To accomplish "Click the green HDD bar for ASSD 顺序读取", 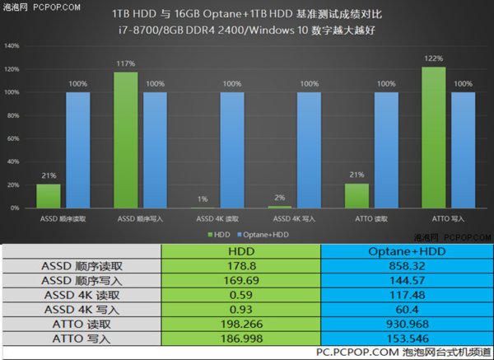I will tap(49, 197).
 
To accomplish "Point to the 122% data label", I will tap(433, 58).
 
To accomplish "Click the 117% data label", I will tap(125, 64).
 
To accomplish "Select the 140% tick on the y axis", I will tap(13, 46).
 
